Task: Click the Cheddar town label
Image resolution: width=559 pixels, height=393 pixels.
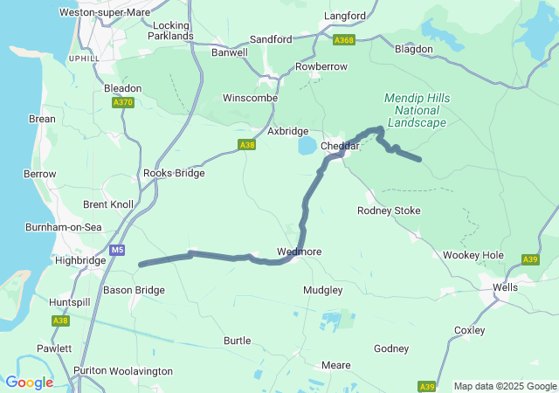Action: [341, 146]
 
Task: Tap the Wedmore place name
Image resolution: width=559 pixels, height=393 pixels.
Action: [299, 252]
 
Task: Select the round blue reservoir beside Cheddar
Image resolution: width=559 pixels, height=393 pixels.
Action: [307, 145]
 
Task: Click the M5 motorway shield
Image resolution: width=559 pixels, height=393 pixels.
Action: [118, 250]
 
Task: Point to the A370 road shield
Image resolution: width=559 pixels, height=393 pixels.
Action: [123, 102]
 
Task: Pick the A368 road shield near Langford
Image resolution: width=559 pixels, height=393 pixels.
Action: [344, 39]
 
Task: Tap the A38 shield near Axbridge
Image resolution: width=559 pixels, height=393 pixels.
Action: [247, 145]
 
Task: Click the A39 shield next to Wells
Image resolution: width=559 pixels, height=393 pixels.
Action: [530, 259]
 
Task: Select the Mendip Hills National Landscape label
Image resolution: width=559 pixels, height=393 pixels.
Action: [418, 111]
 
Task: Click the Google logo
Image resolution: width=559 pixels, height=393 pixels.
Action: [29, 383]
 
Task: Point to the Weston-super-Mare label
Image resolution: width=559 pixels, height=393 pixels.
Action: [104, 12]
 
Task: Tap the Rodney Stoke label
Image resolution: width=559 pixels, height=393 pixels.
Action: [389, 210]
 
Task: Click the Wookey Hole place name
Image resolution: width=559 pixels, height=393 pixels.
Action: [473, 255]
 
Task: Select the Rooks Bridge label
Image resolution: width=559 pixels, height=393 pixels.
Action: [174, 173]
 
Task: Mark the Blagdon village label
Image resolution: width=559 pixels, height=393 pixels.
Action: [413, 49]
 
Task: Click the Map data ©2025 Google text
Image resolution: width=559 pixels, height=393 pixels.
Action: [504, 386]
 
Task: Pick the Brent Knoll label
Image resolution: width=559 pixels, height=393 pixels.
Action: [108, 204]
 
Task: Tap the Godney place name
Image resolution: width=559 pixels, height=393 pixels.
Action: [390, 348]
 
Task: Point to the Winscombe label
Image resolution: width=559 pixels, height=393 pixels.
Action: [250, 98]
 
